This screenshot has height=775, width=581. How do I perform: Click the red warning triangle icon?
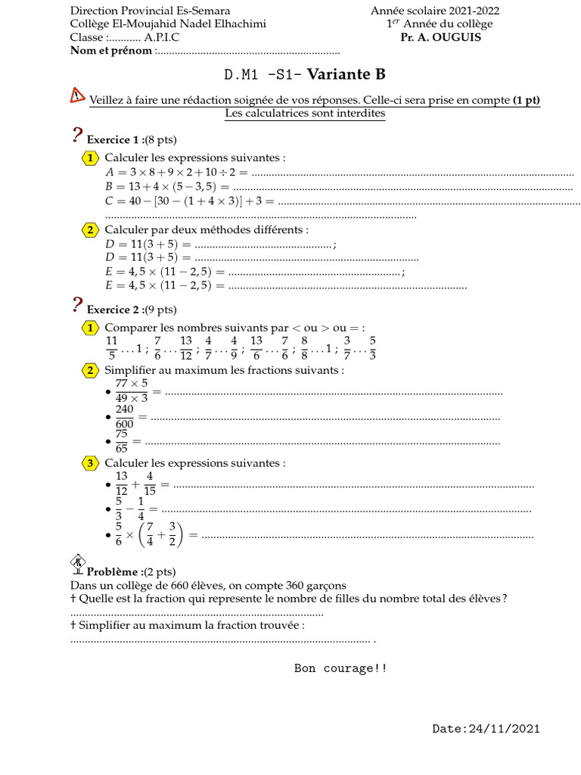(x=78, y=95)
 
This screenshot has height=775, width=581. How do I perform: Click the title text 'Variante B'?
(x=346, y=74)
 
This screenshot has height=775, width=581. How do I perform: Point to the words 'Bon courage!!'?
(x=340, y=668)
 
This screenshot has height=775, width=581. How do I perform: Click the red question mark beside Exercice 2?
(x=77, y=305)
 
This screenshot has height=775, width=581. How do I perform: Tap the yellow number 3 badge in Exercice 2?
(x=90, y=463)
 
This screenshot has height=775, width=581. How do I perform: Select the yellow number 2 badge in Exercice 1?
(x=90, y=230)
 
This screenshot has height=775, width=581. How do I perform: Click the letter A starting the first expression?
(x=110, y=173)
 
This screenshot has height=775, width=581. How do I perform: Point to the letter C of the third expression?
(x=110, y=201)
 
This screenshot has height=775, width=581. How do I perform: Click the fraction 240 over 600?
(x=125, y=417)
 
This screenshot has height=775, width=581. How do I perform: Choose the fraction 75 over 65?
(x=121, y=441)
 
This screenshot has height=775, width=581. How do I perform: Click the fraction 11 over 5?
(x=112, y=348)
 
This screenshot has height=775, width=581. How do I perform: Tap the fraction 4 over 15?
(x=150, y=484)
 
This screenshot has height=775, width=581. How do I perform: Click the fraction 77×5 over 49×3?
(x=132, y=391)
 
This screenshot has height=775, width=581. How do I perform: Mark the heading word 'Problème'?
(x=113, y=571)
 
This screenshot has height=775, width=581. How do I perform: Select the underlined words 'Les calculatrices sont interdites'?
(x=305, y=114)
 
